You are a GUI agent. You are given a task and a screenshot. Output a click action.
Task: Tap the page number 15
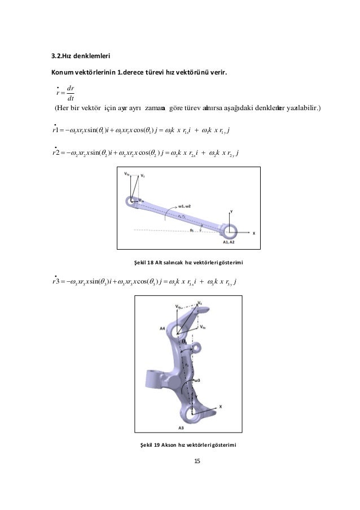pyautogui.click(x=197, y=463)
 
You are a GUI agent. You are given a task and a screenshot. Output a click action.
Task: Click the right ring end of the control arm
pyautogui.click(x=230, y=230)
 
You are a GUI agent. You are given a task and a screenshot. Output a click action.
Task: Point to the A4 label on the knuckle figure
pyautogui.click(x=162, y=328)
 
